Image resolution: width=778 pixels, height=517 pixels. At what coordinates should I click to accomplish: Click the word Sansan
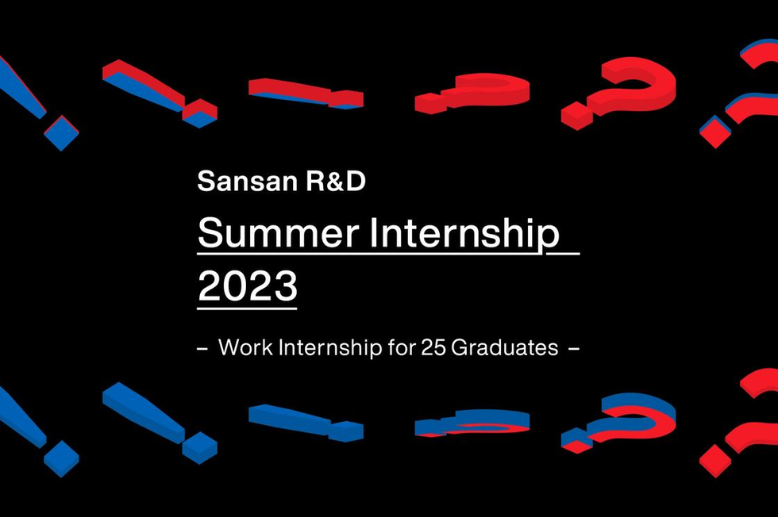coord(247,181)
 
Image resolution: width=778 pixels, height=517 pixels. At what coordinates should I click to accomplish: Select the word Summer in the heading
coord(279,232)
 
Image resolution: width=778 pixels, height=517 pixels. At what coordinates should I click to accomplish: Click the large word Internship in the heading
coord(465,233)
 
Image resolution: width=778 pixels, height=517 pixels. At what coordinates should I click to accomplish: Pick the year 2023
coord(248,285)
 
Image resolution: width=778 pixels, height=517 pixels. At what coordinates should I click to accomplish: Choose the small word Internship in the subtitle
coord(330,348)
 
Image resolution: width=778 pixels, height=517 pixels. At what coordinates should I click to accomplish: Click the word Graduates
coord(505,347)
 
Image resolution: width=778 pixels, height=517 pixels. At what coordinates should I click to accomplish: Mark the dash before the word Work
coord(202,349)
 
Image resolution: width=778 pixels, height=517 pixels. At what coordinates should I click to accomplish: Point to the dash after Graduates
coord(573,349)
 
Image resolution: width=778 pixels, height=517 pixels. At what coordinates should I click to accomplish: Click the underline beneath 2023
coord(247,308)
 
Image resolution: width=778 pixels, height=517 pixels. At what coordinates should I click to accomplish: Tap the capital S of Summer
coord(208,233)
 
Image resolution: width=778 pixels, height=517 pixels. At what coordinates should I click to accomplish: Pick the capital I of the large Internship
coord(373,233)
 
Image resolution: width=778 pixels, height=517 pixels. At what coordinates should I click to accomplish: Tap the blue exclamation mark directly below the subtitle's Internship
coord(306,423)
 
